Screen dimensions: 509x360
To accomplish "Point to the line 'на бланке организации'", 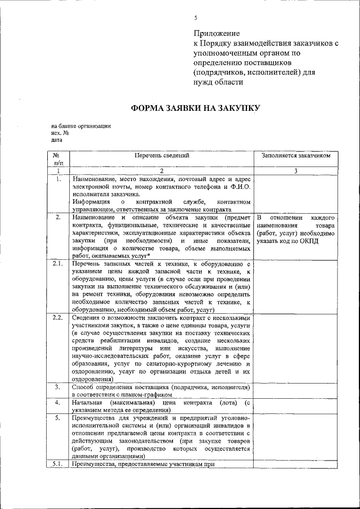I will (80, 126).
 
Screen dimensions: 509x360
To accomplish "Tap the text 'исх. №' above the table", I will (60, 133).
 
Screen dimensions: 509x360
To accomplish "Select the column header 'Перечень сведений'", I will (161, 155).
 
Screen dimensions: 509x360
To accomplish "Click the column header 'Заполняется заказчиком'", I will (295, 155).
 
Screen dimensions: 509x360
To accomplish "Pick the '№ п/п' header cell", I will (57, 159).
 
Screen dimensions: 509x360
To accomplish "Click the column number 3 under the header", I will (295, 171).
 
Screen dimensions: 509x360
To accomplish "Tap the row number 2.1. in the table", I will (57, 263).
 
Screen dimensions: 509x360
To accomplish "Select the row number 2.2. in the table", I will (57, 318).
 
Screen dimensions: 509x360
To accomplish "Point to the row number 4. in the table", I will (57, 403).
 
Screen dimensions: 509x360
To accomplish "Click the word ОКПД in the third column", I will (322, 241).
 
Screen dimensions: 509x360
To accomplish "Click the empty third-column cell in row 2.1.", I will (295, 286).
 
